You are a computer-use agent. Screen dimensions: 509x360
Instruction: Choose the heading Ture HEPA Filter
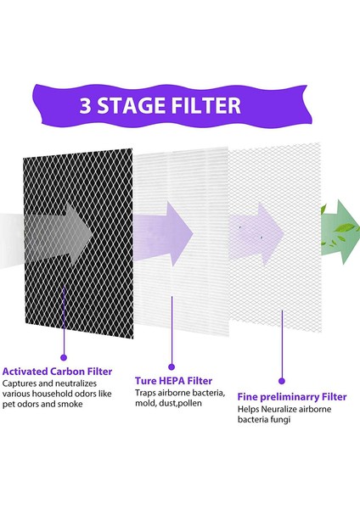point(173,381)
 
